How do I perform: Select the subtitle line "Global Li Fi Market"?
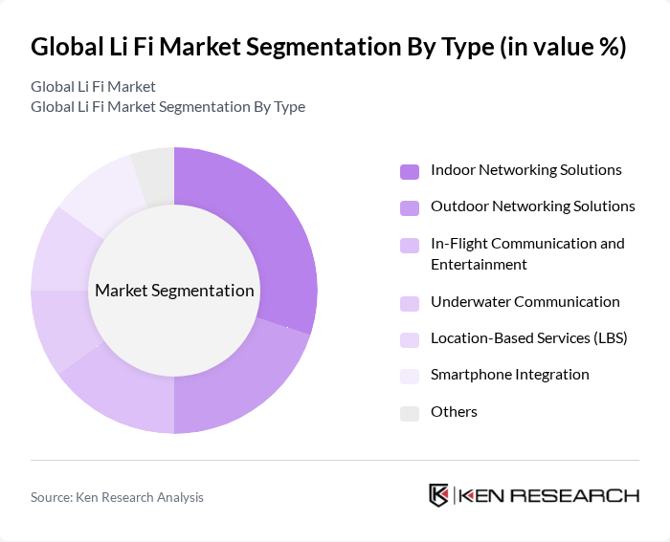(x=93, y=87)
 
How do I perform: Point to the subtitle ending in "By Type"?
(x=167, y=106)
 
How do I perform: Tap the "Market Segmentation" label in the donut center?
(x=174, y=291)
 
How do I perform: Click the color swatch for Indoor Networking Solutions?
(x=410, y=172)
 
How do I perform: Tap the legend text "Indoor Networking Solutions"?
(x=525, y=170)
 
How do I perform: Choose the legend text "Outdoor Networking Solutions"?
(x=532, y=206)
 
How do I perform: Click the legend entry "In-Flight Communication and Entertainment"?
(x=526, y=253)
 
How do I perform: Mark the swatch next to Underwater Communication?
(x=410, y=304)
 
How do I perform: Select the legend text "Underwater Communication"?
(x=525, y=302)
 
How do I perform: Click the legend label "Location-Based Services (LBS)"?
(x=528, y=338)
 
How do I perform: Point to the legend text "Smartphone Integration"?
(x=509, y=375)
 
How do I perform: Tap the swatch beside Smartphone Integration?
(x=410, y=377)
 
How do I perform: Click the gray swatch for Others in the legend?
(x=410, y=413)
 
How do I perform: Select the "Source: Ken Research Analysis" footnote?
(x=117, y=497)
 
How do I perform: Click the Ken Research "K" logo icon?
(x=439, y=495)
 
